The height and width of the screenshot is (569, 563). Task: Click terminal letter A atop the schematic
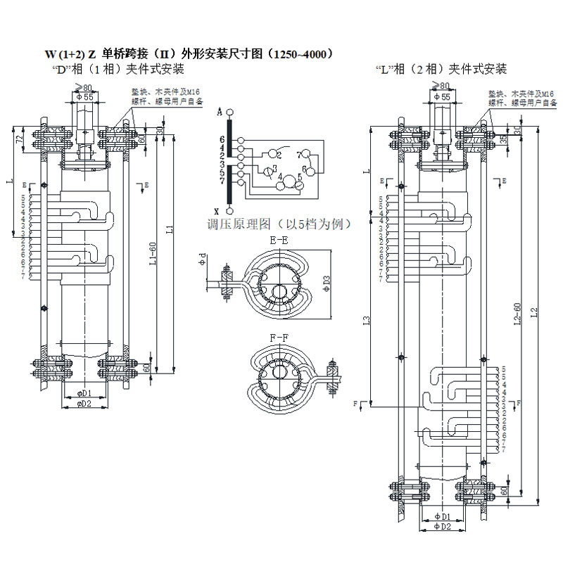click(220, 113)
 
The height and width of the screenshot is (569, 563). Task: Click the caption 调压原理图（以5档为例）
click(279, 224)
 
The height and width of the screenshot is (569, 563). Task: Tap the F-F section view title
click(279, 338)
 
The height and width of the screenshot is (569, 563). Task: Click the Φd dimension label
click(203, 258)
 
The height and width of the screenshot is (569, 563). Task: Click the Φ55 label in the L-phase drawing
click(442, 96)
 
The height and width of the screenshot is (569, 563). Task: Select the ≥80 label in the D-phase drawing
click(83, 87)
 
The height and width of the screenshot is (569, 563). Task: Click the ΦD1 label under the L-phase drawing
click(443, 517)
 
